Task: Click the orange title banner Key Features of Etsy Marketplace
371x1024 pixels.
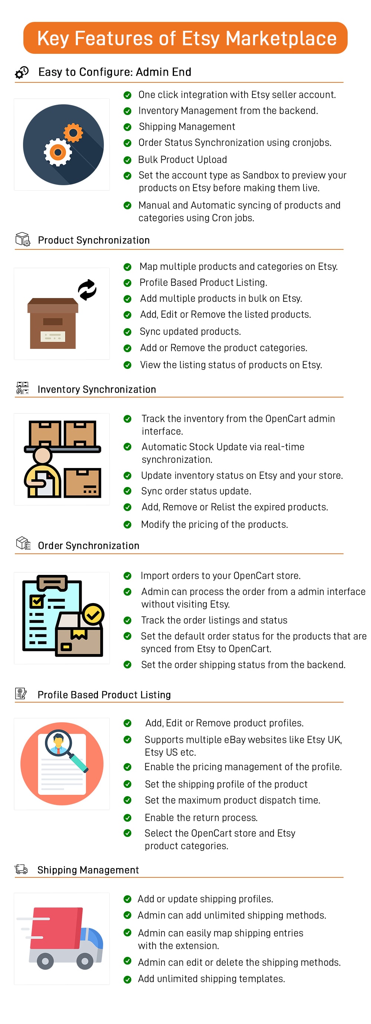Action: pyautogui.click(x=185, y=38)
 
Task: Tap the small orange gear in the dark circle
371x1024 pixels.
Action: pyautogui.click(x=73, y=133)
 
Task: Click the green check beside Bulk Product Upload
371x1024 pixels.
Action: pyautogui.click(x=128, y=160)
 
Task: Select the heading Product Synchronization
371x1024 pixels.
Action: pyautogui.click(x=94, y=240)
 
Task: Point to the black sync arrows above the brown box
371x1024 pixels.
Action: pyautogui.click(x=87, y=289)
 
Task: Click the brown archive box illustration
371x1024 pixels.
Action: pyautogui.click(x=53, y=323)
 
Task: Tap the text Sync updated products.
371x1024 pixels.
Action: pyautogui.click(x=190, y=331)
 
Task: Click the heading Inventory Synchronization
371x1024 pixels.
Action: pyautogui.click(x=96, y=389)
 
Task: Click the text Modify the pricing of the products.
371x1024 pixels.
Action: pyautogui.click(x=214, y=524)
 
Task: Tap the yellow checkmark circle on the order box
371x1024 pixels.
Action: pyautogui.click(x=93, y=614)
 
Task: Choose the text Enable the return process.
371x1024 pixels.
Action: pyautogui.click(x=201, y=817)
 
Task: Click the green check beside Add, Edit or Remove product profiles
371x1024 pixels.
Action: pyautogui.click(x=128, y=723)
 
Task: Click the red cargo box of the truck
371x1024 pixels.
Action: pyautogui.click(x=56, y=928)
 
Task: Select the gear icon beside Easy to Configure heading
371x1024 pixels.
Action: pyautogui.click(x=22, y=72)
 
